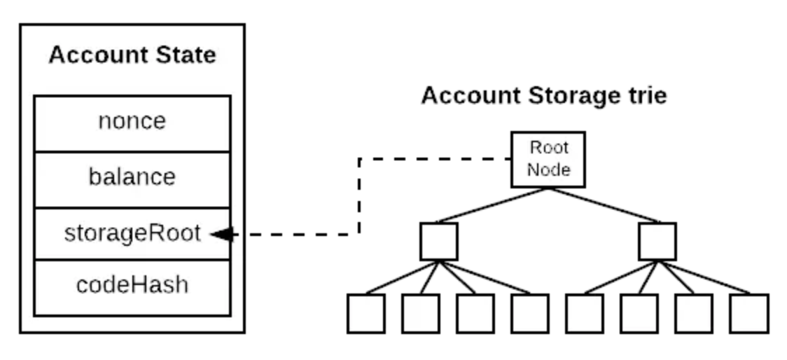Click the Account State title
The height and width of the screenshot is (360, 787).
(132, 55)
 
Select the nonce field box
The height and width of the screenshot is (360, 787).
(132, 122)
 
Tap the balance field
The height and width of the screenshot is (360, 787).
(132, 178)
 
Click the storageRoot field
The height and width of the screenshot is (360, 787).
(132, 234)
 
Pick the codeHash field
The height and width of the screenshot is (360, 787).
(132, 286)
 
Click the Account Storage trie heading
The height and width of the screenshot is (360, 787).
(543, 95)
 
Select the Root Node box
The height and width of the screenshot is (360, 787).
(548, 159)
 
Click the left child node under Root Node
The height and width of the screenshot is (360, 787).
(439, 242)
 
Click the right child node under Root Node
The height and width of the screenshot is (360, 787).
(657, 242)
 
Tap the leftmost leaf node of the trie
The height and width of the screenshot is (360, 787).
(366, 313)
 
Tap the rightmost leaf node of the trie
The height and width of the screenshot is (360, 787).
(748, 313)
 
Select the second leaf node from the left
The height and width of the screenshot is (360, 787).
(421, 313)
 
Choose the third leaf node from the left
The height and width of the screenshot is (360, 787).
(475, 313)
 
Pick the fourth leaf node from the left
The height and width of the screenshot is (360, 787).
(530, 313)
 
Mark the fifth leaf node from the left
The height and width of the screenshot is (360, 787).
(585, 313)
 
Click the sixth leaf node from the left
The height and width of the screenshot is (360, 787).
(639, 313)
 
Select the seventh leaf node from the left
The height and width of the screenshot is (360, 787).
(694, 313)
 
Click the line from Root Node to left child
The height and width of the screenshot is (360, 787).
(494, 205)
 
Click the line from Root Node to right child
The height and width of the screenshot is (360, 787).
(603, 205)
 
